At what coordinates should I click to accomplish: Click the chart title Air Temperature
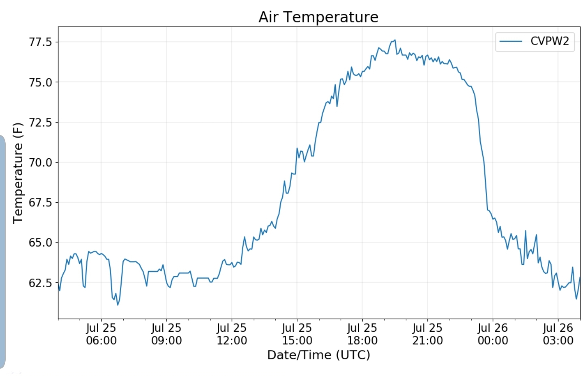pos(318,17)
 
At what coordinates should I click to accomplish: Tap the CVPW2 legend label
pos(550,41)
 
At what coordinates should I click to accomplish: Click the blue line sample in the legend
pos(511,41)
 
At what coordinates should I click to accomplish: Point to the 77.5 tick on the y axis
pos(41,42)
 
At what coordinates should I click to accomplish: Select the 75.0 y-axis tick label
pos(41,82)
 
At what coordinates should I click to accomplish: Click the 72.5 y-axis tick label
pos(41,122)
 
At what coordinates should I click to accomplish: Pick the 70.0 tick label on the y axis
pos(41,163)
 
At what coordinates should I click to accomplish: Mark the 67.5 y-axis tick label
pos(41,202)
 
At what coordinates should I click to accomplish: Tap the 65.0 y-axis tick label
pos(41,243)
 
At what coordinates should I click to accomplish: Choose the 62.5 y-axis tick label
pos(41,283)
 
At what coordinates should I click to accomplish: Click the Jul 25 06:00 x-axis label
pos(101,334)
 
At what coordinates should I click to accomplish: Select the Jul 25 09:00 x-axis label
pos(166,334)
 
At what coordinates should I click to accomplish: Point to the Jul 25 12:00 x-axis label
pos(232,334)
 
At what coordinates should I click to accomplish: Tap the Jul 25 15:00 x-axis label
pos(297,334)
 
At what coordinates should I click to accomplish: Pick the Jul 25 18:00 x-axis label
pos(362,334)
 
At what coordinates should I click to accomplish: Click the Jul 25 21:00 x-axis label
pos(427,334)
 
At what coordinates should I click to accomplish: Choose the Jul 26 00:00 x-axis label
pos(493,334)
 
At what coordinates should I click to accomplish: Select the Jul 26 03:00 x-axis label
pos(558,334)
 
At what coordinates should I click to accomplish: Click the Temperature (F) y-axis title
pos(18,173)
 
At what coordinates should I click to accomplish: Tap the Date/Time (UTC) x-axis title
pos(318,355)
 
